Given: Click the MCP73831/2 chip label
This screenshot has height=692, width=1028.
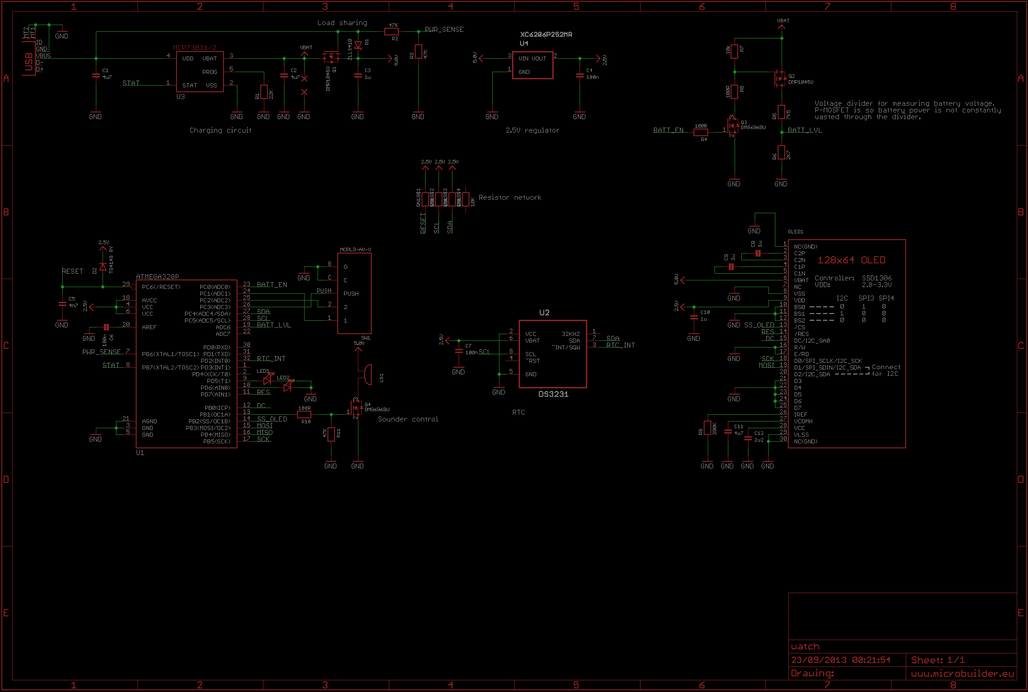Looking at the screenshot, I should (194, 47).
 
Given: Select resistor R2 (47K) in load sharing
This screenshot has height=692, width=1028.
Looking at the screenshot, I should (391, 31).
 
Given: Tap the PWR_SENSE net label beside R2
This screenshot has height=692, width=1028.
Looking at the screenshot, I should (444, 30).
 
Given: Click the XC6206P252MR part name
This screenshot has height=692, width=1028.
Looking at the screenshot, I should (546, 34).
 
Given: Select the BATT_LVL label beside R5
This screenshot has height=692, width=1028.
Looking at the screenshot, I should (804, 130).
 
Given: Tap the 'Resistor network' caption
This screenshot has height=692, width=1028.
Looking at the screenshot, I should (510, 198).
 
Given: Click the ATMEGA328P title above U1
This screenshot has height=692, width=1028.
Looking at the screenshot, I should (157, 277).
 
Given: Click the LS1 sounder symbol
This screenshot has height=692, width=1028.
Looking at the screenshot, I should (366, 374).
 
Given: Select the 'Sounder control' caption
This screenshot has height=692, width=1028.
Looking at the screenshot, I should (408, 419).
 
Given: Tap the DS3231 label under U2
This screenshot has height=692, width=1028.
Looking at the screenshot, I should (553, 394).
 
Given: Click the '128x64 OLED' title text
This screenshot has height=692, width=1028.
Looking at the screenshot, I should (851, 260).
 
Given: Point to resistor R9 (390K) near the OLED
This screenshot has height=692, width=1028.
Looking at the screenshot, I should (707, 428).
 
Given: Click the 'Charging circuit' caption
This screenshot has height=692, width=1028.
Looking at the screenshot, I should (220, 130).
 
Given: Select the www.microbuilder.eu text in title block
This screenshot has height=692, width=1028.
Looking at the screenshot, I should (962, 674).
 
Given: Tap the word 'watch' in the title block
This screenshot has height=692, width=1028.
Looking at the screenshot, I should (805, 646).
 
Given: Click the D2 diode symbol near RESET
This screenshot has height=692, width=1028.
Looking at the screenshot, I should (103, 267).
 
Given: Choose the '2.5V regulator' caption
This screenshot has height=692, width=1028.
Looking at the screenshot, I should (532, 130).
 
